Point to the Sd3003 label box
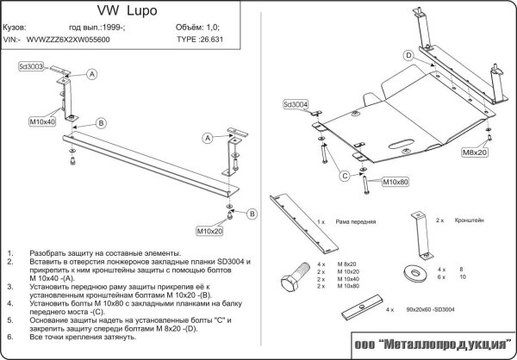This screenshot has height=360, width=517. [32, 65]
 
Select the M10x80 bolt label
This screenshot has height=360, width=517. [395, 183]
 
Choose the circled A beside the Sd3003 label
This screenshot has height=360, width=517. [91, 75]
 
